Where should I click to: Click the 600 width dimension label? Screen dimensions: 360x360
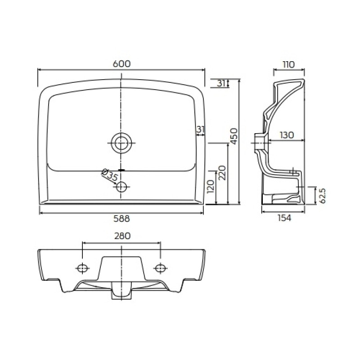coord(121,64)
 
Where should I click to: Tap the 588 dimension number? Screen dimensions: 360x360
coord(121,219)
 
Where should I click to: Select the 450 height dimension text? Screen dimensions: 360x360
coord(234,136)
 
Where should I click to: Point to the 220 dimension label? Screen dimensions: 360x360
coord(222,173)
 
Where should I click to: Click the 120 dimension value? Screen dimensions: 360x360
coord(211,186)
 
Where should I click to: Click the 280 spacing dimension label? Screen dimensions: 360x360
coord(122,236)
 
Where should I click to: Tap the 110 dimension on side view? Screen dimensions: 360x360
coord(288,65)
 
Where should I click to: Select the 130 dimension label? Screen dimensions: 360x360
coord(287,135)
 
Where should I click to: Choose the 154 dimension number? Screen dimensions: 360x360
coord(284,218)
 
